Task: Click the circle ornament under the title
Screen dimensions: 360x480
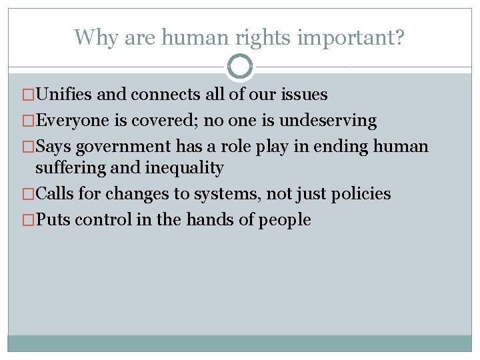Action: pos(240,67)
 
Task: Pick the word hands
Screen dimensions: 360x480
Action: pos(209,219)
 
